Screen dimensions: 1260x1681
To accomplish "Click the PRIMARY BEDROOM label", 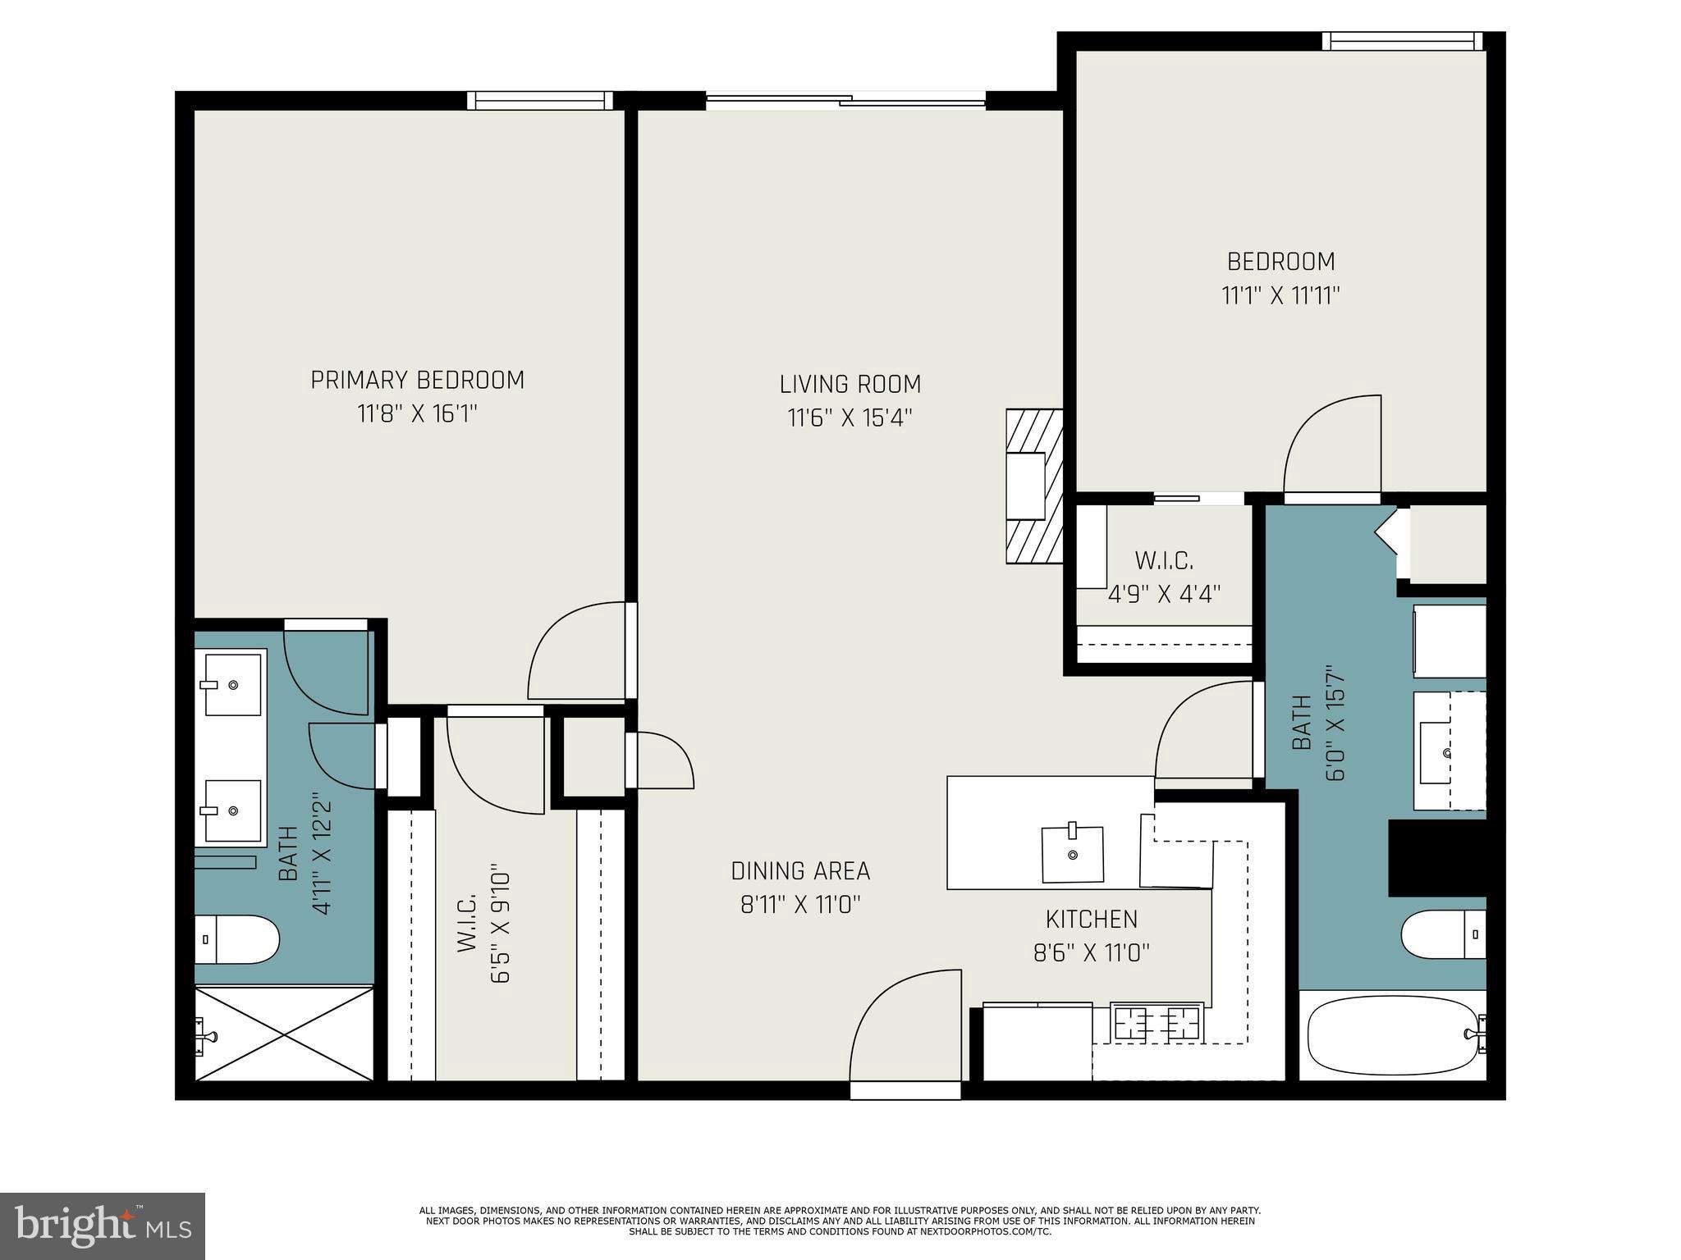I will coord(417,380).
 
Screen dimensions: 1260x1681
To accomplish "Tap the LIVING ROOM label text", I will coord(850,384).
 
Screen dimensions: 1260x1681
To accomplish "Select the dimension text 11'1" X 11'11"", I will coord(1280,295).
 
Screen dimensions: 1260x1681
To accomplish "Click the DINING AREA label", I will coord(800,870).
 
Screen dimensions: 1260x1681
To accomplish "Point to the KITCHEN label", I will coord(1091,919).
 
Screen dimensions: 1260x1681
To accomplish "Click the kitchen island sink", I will coord(1072,854).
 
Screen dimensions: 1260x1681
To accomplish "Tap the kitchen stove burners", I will coord(1156,1022).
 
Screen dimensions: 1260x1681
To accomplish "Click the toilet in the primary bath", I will coord(236,939).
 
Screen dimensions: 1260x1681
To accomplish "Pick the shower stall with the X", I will coord(283,1034).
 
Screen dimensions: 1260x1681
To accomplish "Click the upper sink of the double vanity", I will coord(232,684).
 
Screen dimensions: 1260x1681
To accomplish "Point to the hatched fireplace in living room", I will coord(1034,486).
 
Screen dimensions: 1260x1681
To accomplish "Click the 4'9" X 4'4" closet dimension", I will coord(1164,593).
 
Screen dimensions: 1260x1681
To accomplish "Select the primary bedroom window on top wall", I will coord(539,100).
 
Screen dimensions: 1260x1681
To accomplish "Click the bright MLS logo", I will coord(103,1226).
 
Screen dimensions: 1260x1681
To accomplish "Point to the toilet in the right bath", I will coord(1443,934).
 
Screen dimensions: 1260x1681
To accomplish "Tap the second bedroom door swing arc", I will coord(1330,447).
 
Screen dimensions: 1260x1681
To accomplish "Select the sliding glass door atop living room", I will coord(845,101).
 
